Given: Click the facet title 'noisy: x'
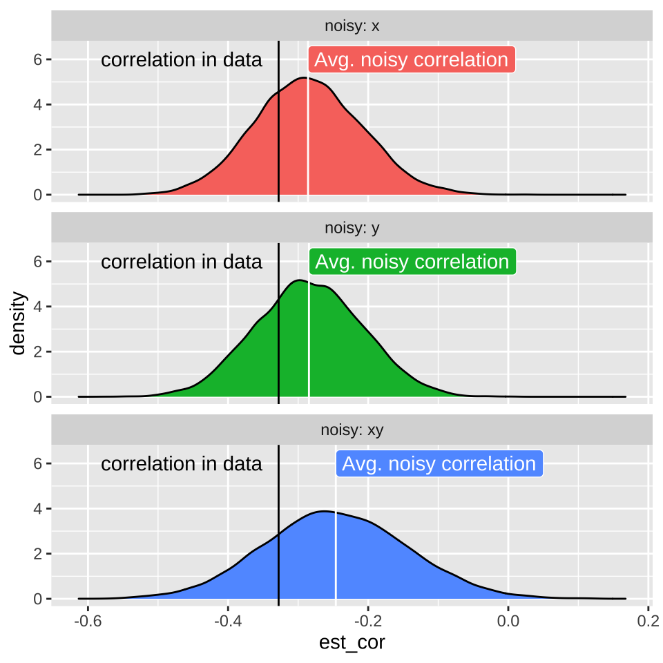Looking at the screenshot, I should point(352,27).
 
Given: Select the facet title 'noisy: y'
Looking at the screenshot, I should point(352,229).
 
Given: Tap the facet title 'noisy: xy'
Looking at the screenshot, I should point(352,430).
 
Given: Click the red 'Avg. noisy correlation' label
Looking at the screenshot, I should point(412,60).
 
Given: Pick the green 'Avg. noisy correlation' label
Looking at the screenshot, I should point(412,262).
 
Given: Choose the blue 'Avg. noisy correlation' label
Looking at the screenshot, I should point(439,463).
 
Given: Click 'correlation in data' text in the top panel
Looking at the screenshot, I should point(182,60).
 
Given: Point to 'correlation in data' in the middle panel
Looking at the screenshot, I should point(182,262).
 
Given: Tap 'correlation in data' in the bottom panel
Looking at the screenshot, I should point(182,463).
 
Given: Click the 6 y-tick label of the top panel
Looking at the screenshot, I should point(38,60).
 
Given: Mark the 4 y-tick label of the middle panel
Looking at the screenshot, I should point(38,307).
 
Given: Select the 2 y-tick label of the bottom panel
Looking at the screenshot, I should point(38,554).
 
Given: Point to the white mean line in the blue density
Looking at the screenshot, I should point(336,552).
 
